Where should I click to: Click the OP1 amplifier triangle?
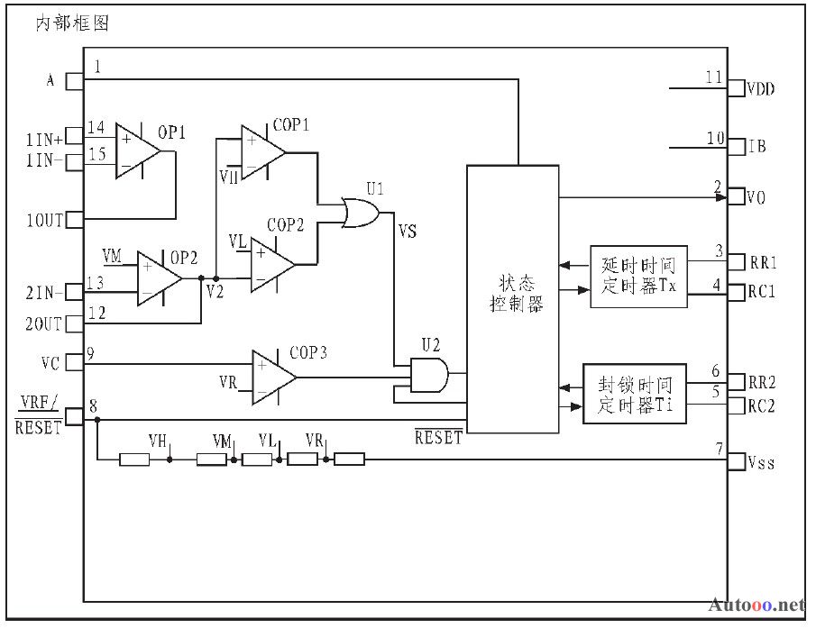click(135, 151)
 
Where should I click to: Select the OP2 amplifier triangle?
click(157, 278)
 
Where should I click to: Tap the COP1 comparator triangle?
click(261, 152)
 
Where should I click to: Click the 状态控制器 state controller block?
click(513, 299)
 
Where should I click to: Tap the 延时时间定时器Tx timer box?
click(638, 277)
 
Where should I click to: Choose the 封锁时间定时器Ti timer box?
click(635, 394)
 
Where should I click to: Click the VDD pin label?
click(760, 89)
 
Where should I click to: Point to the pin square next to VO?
click(736, 196)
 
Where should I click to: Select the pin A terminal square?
click(75, 82)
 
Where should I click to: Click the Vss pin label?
click(761, 462)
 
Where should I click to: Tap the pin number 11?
click(713, 77)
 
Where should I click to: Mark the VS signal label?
click(407, 231)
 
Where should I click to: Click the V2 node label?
click(215, 292)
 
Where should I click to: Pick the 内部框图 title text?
click(72, 23)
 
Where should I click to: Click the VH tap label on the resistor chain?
click(157, 441)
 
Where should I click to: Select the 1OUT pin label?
click(44, 221)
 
